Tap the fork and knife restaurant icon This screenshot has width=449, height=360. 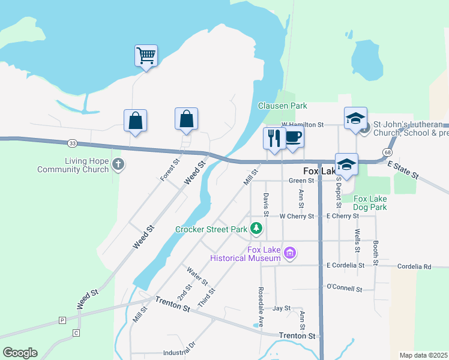275,138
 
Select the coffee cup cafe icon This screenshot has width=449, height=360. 293,137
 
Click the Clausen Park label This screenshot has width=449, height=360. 282,106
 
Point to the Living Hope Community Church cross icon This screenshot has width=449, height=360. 118,164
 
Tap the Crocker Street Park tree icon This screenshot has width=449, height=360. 256,228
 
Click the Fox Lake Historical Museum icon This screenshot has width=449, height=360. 291,253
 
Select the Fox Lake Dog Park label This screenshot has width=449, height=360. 370,203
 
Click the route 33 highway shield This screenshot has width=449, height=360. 73,143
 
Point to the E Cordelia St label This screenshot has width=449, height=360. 345,265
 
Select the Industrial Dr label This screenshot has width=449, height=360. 183,345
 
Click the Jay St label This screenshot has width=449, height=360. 281,308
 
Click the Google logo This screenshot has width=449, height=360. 20,353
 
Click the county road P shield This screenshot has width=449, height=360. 62,320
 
